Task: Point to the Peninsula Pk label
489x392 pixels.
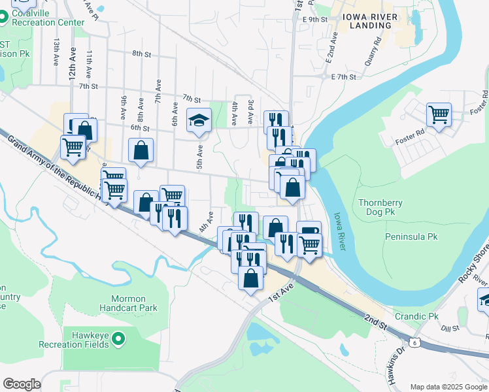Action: (x=411, y=236)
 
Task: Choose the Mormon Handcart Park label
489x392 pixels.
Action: (x=129, y=302)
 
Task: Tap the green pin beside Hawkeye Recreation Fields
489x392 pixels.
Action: (x=118, y=338)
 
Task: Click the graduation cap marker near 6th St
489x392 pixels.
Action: (x=199, y=120)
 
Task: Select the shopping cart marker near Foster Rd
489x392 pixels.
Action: (x=439, y=115)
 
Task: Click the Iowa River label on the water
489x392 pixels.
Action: (x=339, y=230)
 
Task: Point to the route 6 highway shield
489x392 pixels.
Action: (x=414, y=342)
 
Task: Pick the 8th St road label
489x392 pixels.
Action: (x=141, y=54)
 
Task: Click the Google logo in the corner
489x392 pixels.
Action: (x=22, y=384)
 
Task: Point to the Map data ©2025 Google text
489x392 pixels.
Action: (x=448, y=387)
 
